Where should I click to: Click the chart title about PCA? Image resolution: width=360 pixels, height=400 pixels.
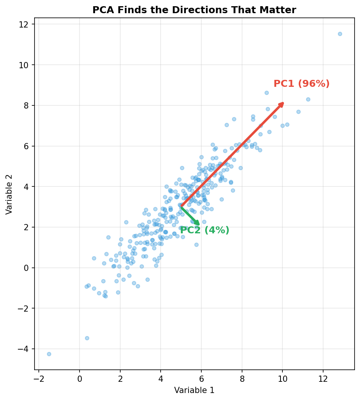coord(194,10)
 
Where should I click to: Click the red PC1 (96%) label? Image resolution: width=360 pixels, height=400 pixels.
coord(301,84)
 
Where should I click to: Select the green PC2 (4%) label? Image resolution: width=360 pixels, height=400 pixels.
coord(204,230)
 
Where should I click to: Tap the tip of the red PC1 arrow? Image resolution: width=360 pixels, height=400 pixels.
coord(283,103)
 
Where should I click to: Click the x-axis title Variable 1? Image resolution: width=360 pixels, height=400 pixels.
coord(194,390)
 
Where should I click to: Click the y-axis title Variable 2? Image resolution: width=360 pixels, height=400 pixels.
coord(9,194)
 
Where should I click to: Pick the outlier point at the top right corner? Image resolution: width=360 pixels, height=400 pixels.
coord(340,34)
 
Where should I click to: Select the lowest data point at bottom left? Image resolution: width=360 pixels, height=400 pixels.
coord(49,354)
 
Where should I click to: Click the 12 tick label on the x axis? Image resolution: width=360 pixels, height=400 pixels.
coord(323,377)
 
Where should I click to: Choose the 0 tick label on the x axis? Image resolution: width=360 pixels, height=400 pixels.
coord(80,377)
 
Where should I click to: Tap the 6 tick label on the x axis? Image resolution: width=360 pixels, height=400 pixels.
coord(201,377)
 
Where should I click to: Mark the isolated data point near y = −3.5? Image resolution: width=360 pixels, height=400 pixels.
coord(87,338)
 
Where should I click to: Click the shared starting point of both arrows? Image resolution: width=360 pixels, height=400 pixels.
coord(181,207)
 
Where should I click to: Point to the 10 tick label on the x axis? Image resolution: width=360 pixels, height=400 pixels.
coord(282,377)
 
